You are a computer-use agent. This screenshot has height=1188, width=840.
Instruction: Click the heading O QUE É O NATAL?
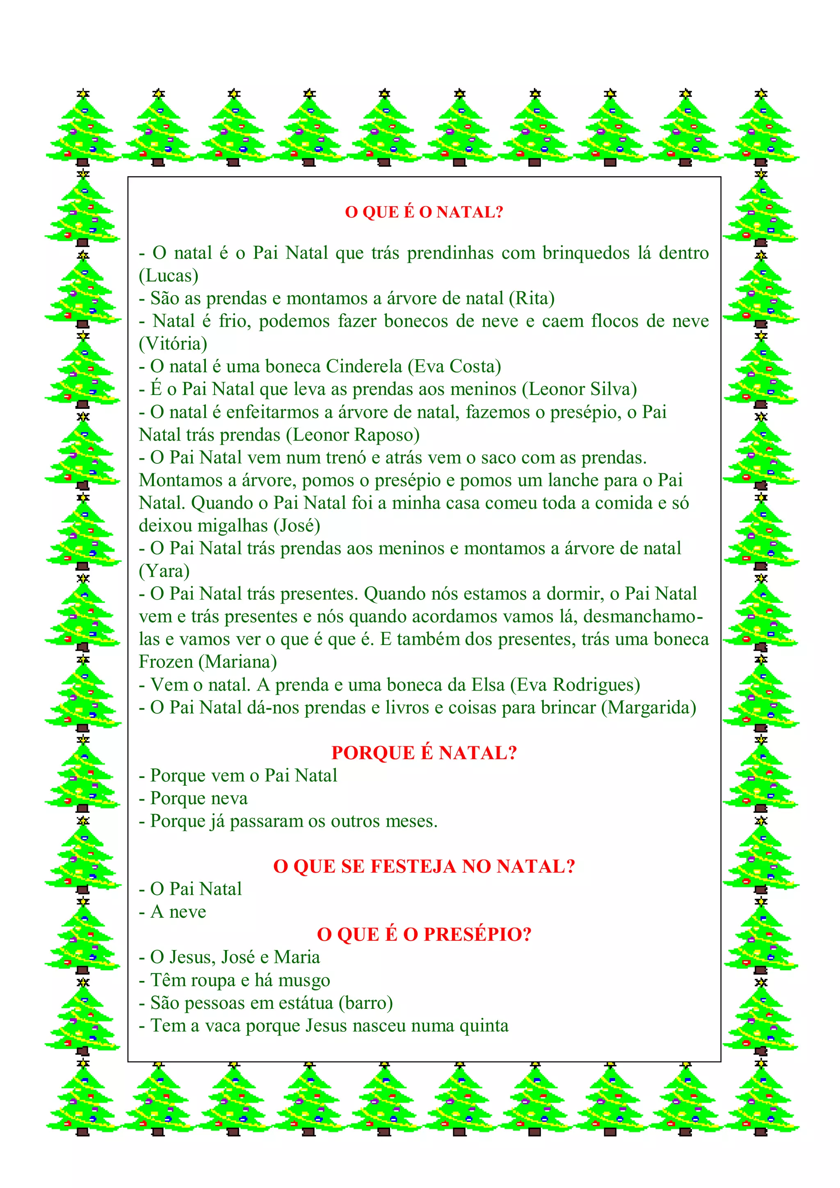click(424, 212)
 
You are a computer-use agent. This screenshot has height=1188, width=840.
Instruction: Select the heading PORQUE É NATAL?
click(424, 753)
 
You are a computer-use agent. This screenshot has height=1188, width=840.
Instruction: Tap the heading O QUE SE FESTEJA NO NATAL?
click(424, 866)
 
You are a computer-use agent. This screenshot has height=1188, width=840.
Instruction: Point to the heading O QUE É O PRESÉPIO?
click(424, 935)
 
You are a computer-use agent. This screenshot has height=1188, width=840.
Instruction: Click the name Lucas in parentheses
click(169, 276)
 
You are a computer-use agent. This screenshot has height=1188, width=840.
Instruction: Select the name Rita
click(532, 299)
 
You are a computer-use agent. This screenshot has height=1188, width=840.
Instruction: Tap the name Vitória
click(173, 344)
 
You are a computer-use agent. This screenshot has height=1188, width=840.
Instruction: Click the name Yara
click(164, 572)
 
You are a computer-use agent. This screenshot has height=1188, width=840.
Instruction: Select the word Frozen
click(166, 662)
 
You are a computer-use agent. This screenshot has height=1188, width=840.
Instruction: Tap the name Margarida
click(648, 708)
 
